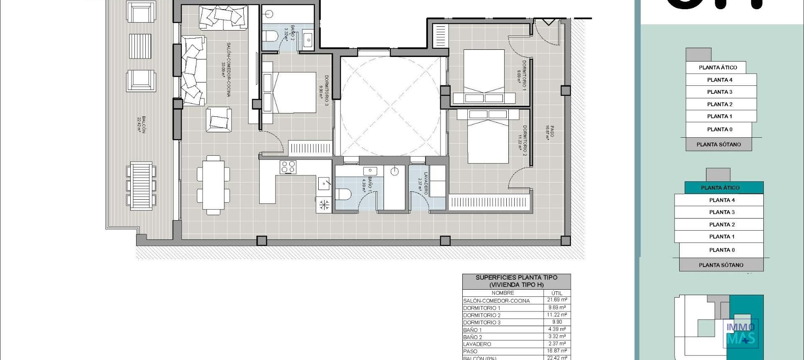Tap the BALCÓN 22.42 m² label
pyautogui.click(x=142, y=124)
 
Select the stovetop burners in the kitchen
pyautogui.click(x=288, y=167)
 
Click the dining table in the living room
pyautogui.click(x=213, y=185)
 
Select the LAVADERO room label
pyautogui.click(x=424, y=183)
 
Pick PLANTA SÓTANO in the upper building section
pyautogui.click(x=719, y=144)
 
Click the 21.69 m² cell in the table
pyautogui.click(x=557, y=300)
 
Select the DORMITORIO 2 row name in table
pyautogui.click(x=482, y=315)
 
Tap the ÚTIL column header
pyautogui.click(x=557, y=293)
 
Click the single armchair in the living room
pyautogui.click(x=218, y=119)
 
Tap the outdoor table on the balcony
pyautogui.click(x=141, y=185)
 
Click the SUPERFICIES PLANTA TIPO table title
pyautogui.click(x=516, y=281)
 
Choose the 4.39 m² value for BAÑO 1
pyautogui.click(x=557, y=329)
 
